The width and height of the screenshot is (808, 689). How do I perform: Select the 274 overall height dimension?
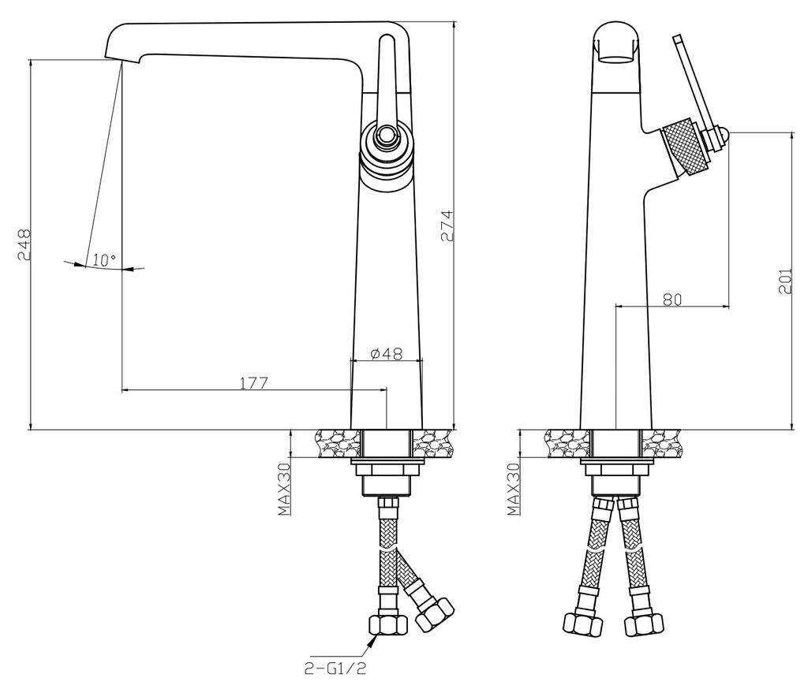pos(447,225)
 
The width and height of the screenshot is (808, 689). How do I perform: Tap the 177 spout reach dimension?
pos(254,383)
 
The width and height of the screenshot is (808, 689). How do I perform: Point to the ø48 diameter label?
pos(387,353)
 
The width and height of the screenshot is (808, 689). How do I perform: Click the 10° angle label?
pos(104,260)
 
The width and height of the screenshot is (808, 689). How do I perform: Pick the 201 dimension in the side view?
pos(785,281)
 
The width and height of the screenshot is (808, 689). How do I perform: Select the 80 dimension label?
pos(672,300)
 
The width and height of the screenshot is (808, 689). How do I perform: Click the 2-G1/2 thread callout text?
pos(335,669)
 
